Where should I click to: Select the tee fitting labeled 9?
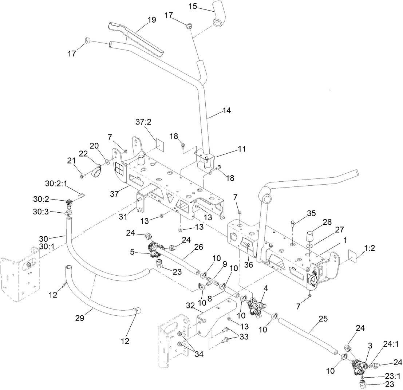210,281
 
